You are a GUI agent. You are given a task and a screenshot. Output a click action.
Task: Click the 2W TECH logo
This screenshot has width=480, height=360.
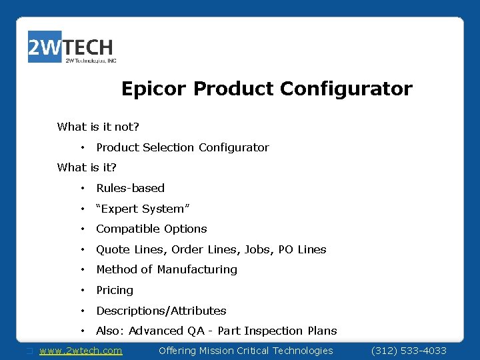[71, 48]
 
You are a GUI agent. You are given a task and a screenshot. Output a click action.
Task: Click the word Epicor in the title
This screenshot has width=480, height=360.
[154, 89]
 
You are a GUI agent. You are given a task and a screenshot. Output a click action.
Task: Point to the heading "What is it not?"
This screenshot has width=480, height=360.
[98, 127]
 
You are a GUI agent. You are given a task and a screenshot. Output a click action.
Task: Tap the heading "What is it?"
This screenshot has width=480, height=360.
[87, 167]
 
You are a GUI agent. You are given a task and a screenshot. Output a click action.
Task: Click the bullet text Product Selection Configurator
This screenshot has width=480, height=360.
[182, 147]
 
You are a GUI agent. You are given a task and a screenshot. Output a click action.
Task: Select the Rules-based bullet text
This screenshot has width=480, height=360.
[130, 188]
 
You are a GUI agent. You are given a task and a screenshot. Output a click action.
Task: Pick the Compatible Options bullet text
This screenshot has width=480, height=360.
[151, 229]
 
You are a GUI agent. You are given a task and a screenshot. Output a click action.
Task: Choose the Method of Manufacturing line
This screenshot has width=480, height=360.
[167, 269]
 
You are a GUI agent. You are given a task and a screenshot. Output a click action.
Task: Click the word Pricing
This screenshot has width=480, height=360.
[115, 290]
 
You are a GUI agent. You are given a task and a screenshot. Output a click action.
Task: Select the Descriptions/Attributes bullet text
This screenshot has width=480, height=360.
[161, 311]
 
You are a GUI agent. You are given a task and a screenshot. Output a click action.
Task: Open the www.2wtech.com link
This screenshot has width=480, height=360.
[81, 351]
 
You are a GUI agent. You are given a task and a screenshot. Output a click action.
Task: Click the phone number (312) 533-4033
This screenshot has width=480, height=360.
[409, 351]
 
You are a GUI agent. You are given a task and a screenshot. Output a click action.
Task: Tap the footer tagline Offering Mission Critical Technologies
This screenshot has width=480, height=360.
[245, 351]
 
